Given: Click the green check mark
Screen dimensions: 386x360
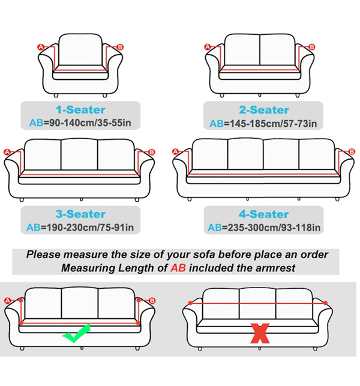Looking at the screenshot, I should [76, 333].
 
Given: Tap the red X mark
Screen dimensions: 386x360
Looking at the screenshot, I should [259, 333].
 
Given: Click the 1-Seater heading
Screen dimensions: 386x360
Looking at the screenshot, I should [80, 110].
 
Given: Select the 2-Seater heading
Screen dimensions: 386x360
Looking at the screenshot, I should [263, 110].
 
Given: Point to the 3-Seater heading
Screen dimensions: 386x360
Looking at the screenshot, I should [80, 214].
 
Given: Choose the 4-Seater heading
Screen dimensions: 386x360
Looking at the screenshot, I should [263, 214].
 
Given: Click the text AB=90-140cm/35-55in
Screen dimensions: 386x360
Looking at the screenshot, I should [80, 124].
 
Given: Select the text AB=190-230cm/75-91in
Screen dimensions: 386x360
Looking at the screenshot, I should [80, 228].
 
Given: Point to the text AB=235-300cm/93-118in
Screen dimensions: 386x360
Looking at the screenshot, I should [264, 228].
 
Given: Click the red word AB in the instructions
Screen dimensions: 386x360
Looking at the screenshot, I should [178, 268].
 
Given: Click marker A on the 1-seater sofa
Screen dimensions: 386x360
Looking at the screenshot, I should [41, 47].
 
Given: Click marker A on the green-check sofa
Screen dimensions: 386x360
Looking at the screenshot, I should [8, 300].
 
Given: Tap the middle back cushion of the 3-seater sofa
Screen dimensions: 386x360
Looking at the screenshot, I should [80, 155].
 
